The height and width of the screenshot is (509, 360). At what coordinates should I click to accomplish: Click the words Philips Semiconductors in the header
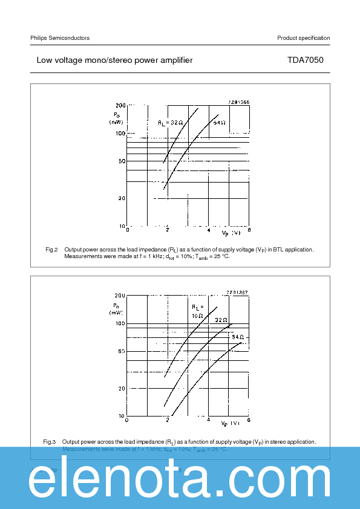tap(60, 38)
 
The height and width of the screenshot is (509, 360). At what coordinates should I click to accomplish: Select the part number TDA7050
tap(309, 60)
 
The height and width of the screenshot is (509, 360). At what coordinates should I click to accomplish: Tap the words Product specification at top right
tap(303, 38)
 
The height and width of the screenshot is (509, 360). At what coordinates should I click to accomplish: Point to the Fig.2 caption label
tap(51, 249)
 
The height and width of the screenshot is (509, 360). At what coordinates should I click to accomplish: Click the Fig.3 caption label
tap(50, 442)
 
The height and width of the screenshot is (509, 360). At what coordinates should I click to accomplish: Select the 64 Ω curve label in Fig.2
tap(219, 122)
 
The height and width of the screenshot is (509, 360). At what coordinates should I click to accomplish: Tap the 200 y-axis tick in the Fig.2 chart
tap(120, 106)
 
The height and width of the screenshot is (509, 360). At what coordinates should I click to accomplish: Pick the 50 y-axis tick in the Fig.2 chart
tap(121, 161)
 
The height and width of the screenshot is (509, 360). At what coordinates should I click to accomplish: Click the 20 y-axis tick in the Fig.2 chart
tap(121, 198)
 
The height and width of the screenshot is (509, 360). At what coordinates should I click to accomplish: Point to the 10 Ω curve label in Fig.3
tap(197, 316)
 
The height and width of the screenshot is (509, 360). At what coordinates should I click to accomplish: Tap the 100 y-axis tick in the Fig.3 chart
tap(120, 324)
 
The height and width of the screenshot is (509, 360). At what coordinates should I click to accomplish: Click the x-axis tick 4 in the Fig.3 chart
tap(208, 420)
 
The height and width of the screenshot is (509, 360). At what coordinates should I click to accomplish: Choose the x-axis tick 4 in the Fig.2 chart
tap(208, 230)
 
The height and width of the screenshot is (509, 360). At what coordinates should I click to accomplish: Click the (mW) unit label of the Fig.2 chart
tap(116, 122)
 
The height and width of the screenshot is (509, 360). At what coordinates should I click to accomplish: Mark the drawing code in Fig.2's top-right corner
tap(238, 102)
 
